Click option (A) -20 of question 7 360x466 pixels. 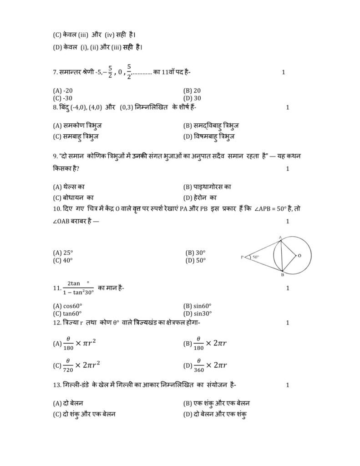[x=63, y=91]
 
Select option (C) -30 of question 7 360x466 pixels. [x=63, y=98]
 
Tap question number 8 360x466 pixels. [x=55, y=107]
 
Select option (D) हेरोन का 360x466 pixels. [x=200, y=198]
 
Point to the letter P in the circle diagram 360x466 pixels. [x=242, y=258]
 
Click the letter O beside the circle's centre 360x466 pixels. [x=299, y=256]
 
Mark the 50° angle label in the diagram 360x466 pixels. [x=256, y=257]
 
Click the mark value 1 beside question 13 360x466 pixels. [x=287, y=385]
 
